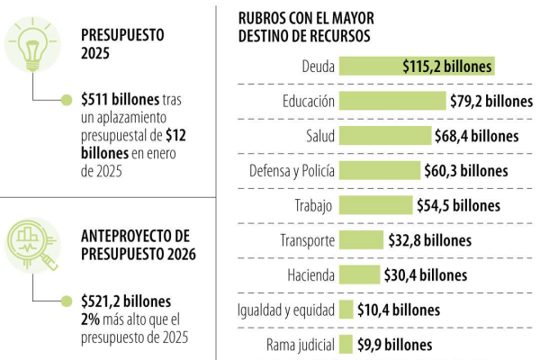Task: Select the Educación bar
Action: tap(392, 101)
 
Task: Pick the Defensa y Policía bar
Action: tap(379, 170)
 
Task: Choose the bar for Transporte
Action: tap(361, 240)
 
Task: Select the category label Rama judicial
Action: tap(301, 345)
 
